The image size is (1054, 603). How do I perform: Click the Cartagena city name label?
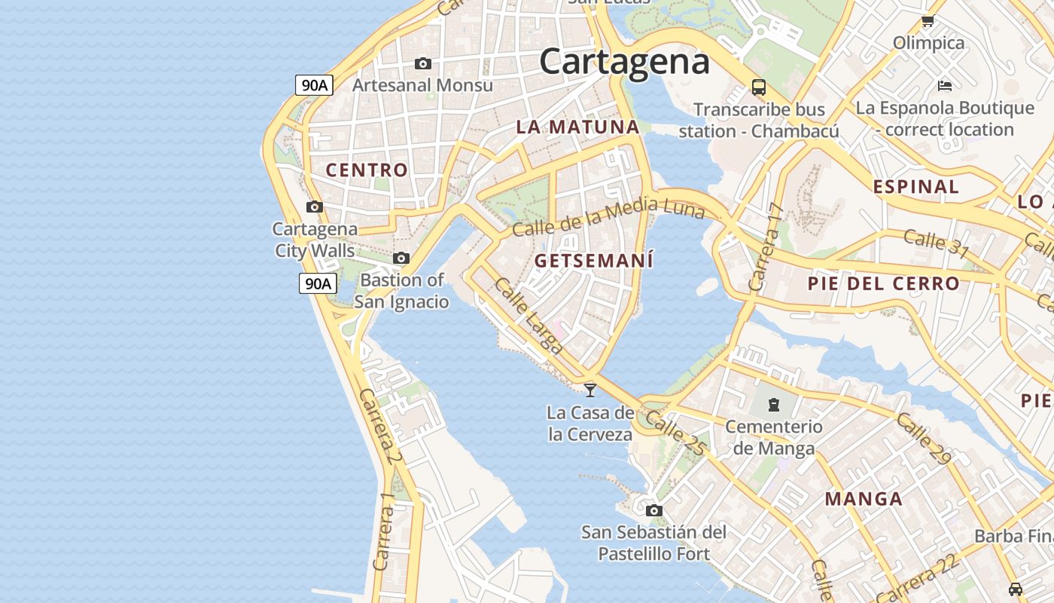pyautogui.click(x=624, y=61)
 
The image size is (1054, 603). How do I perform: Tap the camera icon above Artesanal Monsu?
pyautogui.click(x=423, y=64)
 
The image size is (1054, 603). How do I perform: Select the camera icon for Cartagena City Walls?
pyautogui.click(x=315, y=207)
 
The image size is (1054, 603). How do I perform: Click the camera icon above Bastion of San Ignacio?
pyautogui.click(x=401, y=259)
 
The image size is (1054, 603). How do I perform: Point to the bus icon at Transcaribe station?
pyautogui.click(x=759, y=87)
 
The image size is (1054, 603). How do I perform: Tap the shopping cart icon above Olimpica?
pyautogui.click(x=928, y=21)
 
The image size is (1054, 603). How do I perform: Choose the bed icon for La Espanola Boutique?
pyautogui.click(x=945, y=86)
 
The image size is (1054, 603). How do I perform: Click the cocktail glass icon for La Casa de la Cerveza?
pyautogui.click(x=590, y=390)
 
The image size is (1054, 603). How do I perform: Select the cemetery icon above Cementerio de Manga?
pyautogui.click(x=774, y=405)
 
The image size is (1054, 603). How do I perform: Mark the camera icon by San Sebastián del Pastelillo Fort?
pyautogui.click(x=654, y=510)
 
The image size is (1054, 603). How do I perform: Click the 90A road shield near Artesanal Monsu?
pyautogui.click(x=314, y=85)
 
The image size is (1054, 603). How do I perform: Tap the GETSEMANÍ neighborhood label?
pyautogui.click(x=594, y=261)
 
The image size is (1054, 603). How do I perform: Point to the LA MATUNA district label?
pyautogui.click(x=577, y=127)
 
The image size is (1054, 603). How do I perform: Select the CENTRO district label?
pyautogui.click(x=367, y=170)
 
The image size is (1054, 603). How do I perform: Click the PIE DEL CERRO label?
pyautogui.click(x=883, y=284)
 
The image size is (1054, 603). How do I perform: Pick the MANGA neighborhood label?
pyautogui.click(x=864, y=499)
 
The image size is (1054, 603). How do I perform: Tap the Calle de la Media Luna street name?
pyautogui.click(x=608, y=215)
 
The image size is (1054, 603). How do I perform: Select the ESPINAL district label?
pyautogui.click(x=915, y=187)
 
